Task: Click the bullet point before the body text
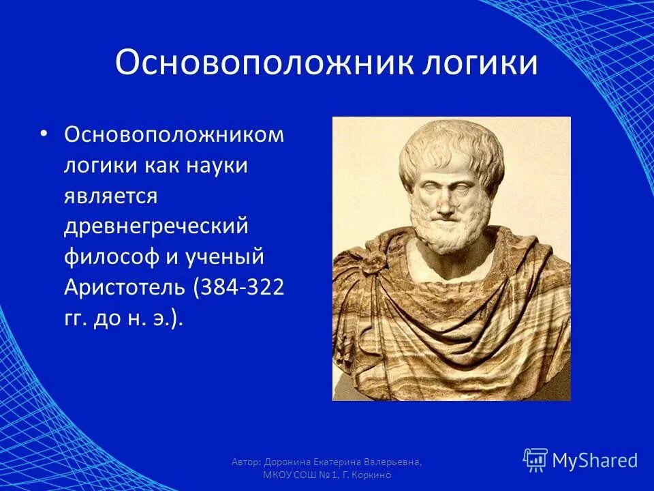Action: point(44,134)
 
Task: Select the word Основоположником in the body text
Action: point(174,134)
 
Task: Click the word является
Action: point(111,196)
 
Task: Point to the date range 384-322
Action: point(240,289)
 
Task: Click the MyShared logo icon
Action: point(535,460)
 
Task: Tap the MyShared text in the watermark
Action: point(594,461)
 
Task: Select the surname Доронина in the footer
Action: point(290,462)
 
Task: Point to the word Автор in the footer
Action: point(243,462)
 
